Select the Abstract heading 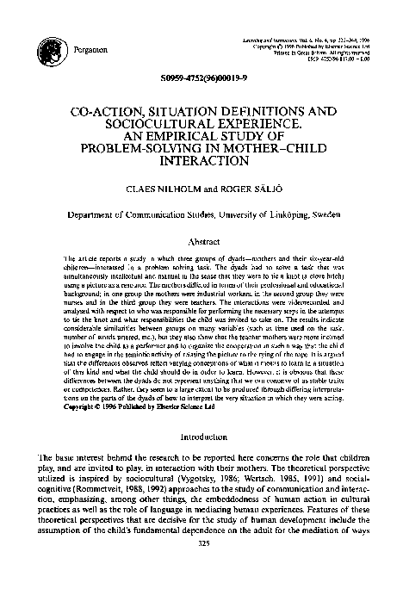click(x=201, y=244)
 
